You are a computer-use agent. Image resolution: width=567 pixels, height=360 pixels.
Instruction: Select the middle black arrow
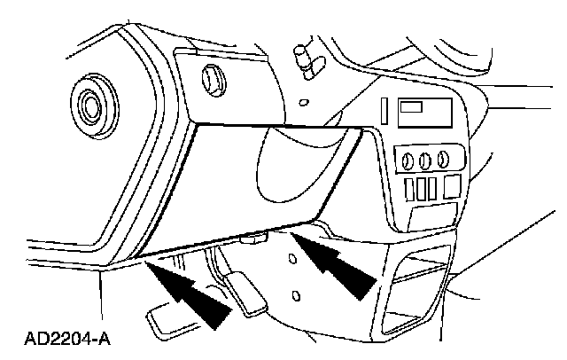pos(214,307)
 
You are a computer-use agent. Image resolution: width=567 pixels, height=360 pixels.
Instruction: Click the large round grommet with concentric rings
pos(89,106)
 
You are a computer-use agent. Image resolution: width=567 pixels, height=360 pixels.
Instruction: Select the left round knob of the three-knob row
pos(408,162)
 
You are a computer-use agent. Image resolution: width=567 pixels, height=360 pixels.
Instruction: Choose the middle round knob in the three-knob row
pos(425,162)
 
